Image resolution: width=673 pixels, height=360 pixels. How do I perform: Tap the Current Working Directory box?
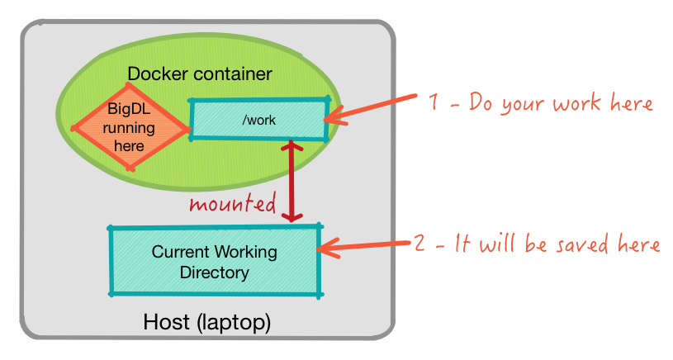pos(215,261)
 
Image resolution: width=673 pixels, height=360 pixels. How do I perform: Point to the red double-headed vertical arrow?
pos(290,182)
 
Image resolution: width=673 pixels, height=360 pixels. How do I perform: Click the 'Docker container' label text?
pos(199,73)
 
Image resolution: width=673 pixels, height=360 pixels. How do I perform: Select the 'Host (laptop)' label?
pos(207,321)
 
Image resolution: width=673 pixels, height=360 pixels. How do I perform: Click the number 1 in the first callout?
pos(434,103)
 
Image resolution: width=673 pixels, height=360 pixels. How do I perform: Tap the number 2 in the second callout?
pos(419,244)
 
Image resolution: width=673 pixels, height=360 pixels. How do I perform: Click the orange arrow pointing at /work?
pos(372,109)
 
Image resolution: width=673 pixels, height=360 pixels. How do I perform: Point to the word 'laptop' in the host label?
pos(233,321)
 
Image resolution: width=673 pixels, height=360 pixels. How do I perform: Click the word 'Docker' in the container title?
pos(157,73)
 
